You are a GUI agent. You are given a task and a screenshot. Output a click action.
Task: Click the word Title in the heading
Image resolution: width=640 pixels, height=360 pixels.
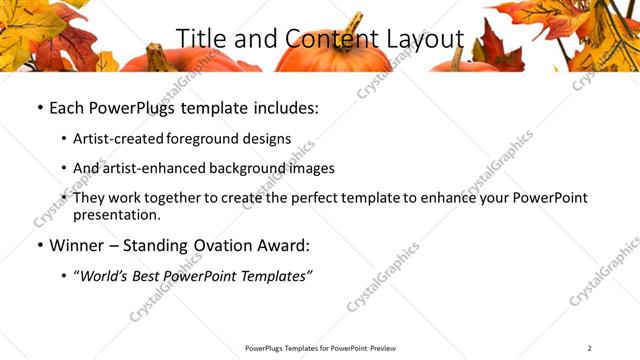(x=200, y=38)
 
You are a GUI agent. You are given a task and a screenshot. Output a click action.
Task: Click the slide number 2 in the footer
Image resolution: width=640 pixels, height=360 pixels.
(x=590, y=347)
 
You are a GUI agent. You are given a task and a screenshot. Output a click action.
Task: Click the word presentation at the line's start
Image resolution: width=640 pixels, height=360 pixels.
(x=116, y=215)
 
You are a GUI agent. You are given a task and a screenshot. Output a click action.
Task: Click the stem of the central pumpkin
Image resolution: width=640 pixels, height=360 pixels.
(x=353, y=25)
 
